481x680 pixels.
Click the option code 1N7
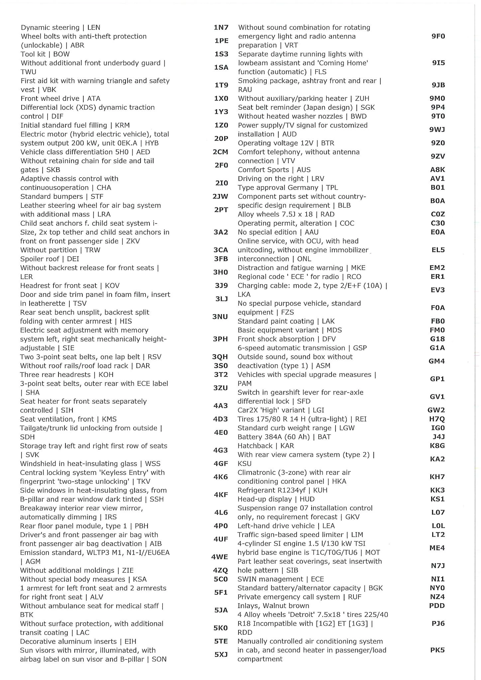pyautogui.click(x=221, y=28)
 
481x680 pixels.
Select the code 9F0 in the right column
pyautogui.click(x=438, y=36)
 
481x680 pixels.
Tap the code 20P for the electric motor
pyautogui.click(x=221, y=138)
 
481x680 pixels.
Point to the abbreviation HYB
pyautogui.click(x=152, y=143)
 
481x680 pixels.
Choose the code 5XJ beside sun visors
pyautogui.click(x=221, y=654)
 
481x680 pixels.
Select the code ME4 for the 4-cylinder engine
pyautogui.click(x=437, y=548)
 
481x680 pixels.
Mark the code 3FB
pyautogui.click(x=221, y=259)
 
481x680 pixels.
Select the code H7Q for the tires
pyautogui.click(x=437, y=419)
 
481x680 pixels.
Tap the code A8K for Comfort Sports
pyautogui.click(x=437, y=170)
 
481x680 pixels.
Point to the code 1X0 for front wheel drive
pyautogui.click(x=221, y=99)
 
